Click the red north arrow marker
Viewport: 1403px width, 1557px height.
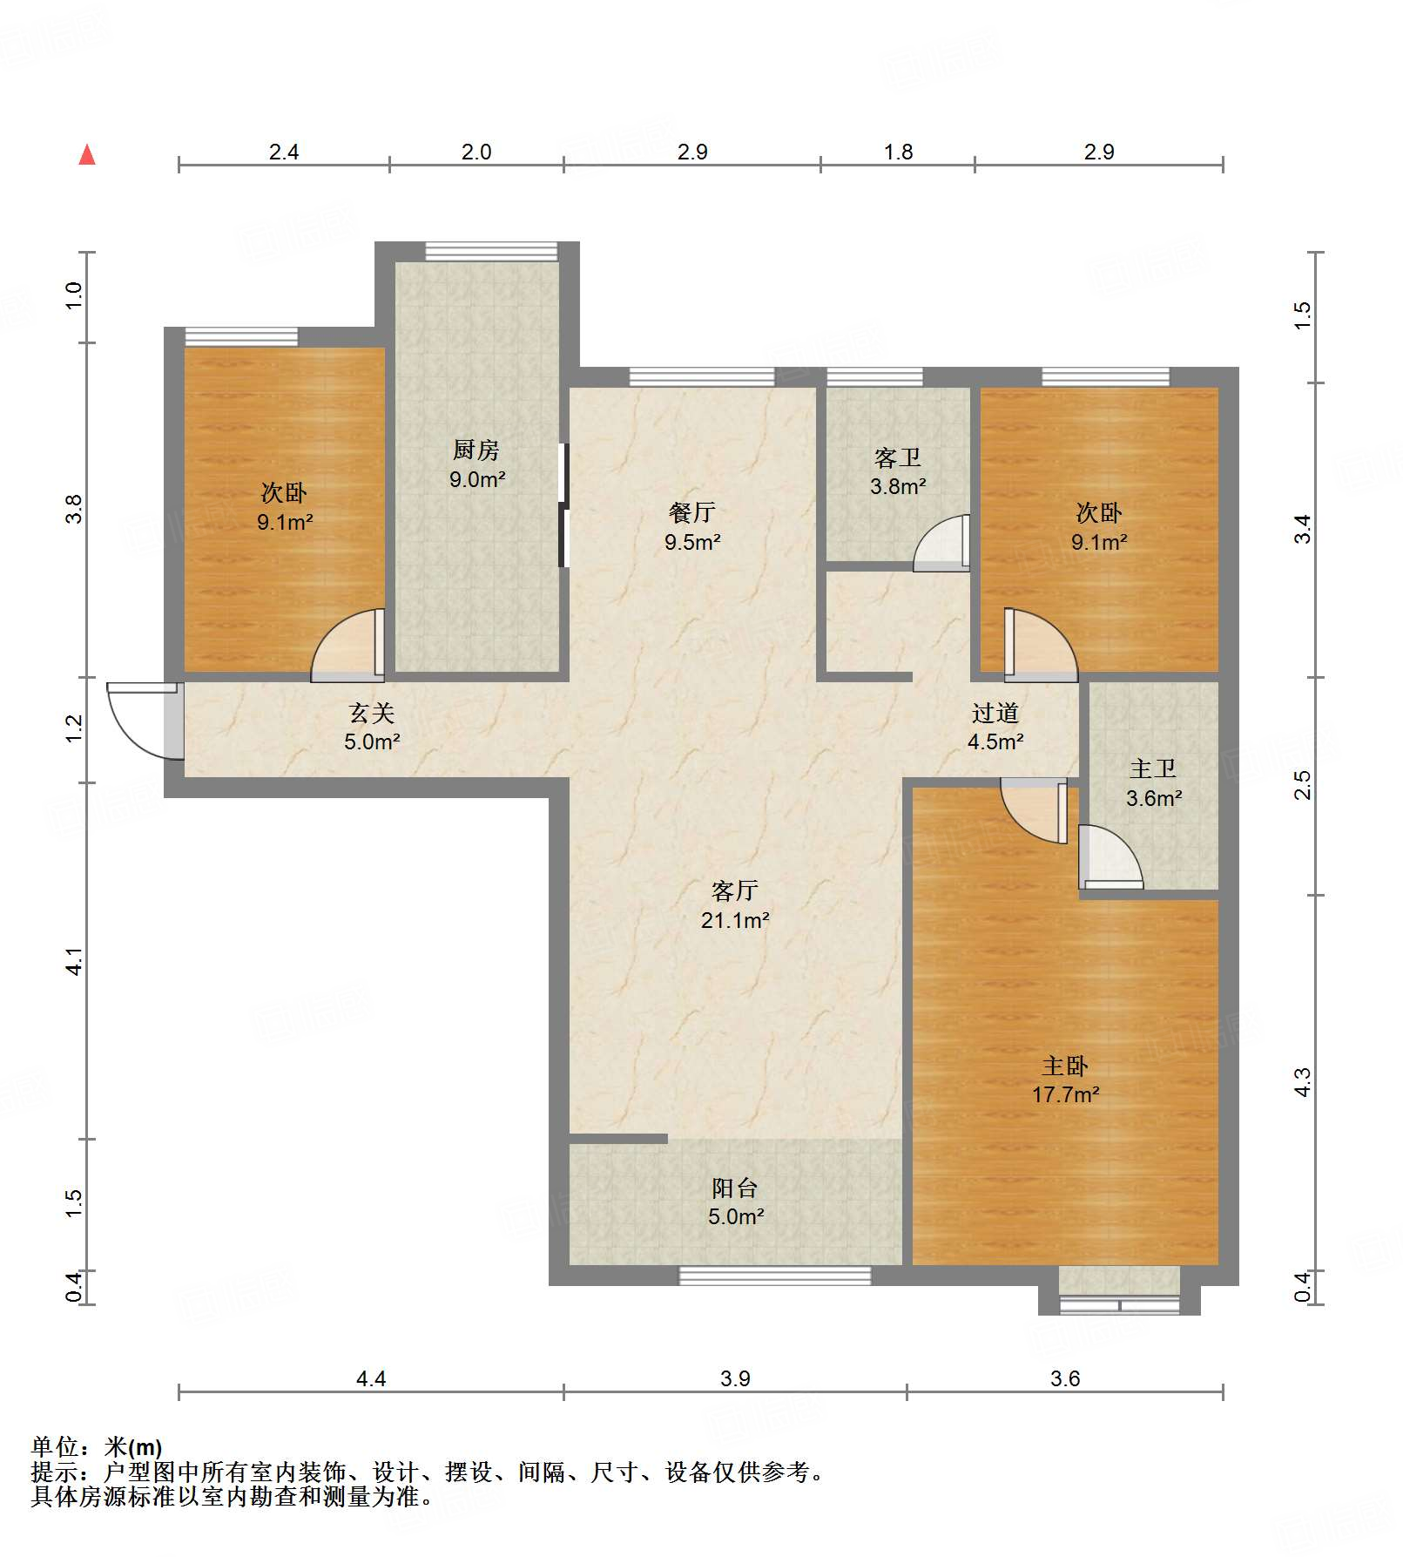(x=87, y=155)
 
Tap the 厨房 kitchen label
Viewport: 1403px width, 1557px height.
(x=476, y=450)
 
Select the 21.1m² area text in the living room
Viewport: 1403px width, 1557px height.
(x=735, y=920)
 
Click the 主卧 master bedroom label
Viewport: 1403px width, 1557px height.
(x=1065, y=1066)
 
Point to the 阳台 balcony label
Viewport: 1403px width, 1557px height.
(x=735, y=1188)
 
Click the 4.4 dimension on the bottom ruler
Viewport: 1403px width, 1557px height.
(x=371, y=1378)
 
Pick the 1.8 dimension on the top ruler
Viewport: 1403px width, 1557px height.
(x=898, y=152)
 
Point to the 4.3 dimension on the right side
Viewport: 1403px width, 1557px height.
(x=1302, y=1082)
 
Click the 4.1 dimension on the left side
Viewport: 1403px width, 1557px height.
(x=75, y=961)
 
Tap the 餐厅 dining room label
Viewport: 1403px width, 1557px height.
(x=692, y=512)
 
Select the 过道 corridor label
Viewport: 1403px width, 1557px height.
(x=995, y=713)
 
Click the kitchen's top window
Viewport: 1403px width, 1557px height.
(x=491, y=252)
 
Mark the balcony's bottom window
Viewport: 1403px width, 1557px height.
(x=774, y=1276)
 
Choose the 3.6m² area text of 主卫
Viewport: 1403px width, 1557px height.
(x=1154, y=798)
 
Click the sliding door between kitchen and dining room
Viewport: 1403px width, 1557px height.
(x=563, y=505)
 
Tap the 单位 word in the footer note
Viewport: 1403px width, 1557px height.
(x=55, y=1447)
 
